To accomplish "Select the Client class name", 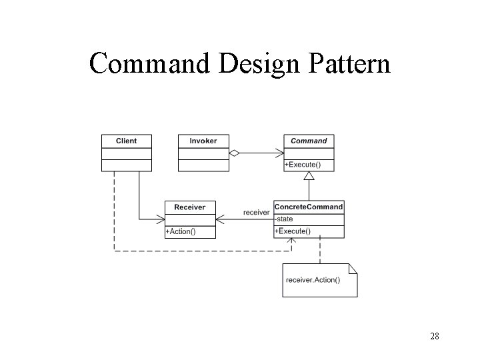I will point(126,141).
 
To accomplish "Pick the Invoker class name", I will point(203,141).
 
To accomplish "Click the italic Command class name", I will point(309,141).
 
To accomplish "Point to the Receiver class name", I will point(190,207).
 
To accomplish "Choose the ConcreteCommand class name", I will point(309,207).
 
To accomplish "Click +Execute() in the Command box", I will point(302,164).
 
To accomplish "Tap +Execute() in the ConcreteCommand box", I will point(293,231).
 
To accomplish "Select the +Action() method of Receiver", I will point(181,231).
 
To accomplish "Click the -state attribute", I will point(284,219).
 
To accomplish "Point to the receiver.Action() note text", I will point(312,279).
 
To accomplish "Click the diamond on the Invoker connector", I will point(234,153).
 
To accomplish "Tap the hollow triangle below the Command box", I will point(309,176).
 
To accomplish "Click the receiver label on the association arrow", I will point(257,212).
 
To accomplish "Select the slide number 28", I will point(434,336).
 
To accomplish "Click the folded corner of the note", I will point(353,269).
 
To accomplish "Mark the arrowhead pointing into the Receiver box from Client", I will point(161,218).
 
